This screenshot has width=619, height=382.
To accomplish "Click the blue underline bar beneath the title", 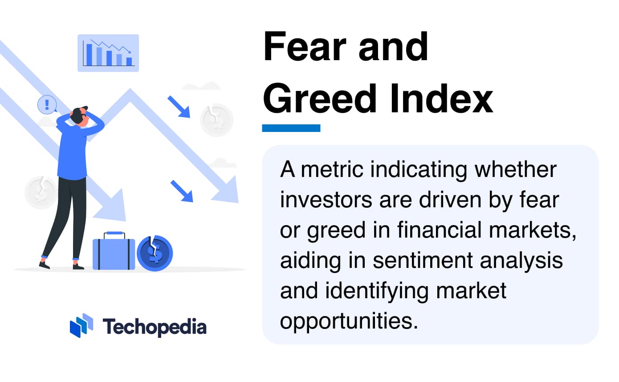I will [x=291, y=128].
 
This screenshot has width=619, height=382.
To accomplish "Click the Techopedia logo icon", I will [x=81, y=325].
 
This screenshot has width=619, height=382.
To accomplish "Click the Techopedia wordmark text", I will [x=155, y=327].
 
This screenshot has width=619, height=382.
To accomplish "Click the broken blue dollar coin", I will [x=155, y=253].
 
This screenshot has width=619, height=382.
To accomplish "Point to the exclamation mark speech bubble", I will [x=47, y=105].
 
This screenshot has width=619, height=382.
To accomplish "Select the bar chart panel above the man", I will [x=108, y=53].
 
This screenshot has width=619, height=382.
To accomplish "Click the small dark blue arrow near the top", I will [x=178, y=107].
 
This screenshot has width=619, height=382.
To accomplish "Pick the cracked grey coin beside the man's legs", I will [x=41, y=192].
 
